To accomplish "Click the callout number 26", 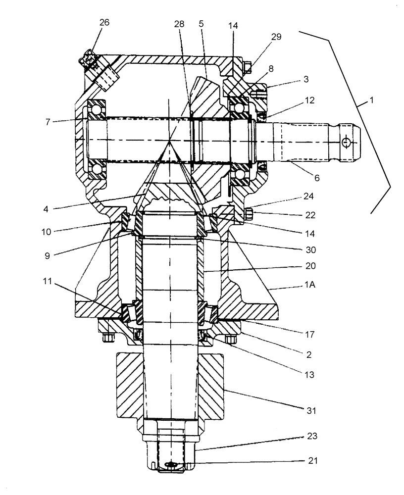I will click(x=104, y=22).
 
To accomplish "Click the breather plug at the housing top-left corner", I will click(x=90, y=59).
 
